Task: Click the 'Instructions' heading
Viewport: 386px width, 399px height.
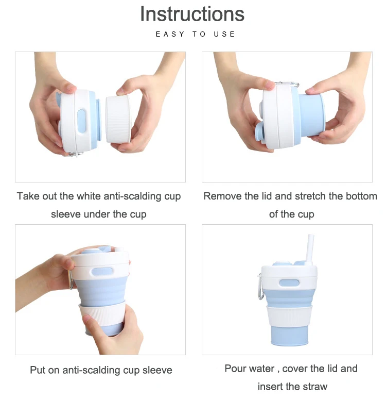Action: click(192, 14)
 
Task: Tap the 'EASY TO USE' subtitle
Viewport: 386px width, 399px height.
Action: click(196, 34)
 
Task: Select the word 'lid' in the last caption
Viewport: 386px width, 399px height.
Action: click(332, 369)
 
